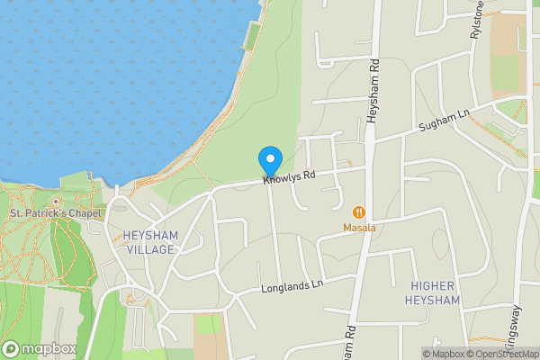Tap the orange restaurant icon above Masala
click(x=359, y=212)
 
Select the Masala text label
click(x=359, y=228)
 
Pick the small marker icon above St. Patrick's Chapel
click(x=56, y=202)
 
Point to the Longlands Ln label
click(x=291, y=289)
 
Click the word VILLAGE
click(x=150, y=249)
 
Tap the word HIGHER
click(x=435, y=285)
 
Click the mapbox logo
click(x=40, y=348)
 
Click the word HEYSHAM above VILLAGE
click(x=150, y=236)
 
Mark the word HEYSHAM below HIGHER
click(x=435, y=300)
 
